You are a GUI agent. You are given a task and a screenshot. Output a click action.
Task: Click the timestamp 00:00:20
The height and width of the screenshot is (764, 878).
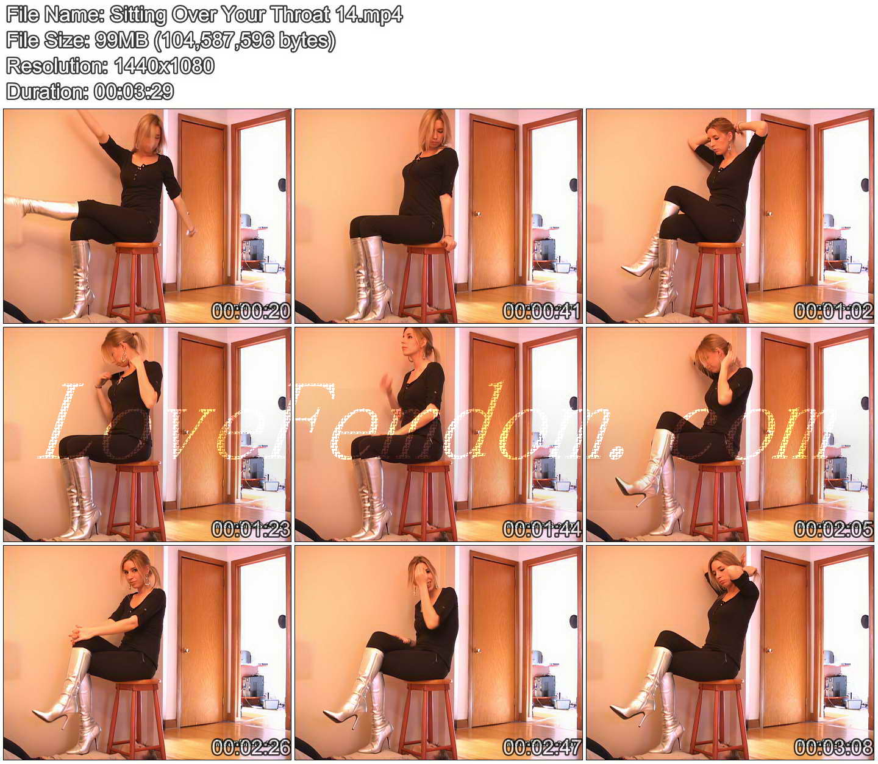(x=251, y=311)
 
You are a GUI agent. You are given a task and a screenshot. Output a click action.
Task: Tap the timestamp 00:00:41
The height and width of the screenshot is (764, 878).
(x=542, y=311)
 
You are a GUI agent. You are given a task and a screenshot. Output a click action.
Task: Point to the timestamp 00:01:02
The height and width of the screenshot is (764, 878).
(x=833, y=311)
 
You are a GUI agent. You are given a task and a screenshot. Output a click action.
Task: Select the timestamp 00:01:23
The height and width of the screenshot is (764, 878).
(x=251, y=529)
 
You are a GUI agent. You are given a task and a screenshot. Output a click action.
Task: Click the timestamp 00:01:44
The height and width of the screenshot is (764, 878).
(x=542, y=529)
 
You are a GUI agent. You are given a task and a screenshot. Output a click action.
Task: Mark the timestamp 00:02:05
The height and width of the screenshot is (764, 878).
(x=833, y=529)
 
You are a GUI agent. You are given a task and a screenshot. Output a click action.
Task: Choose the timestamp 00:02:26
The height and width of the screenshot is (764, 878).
(x=251, y=748)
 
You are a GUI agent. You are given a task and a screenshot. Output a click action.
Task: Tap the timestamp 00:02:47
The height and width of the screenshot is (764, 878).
(x=542, y=748)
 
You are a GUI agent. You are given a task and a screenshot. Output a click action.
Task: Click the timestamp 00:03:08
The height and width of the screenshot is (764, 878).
(x=833, y=748)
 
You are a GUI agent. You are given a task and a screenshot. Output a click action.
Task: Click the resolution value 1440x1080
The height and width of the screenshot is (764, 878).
(x=164, y=66)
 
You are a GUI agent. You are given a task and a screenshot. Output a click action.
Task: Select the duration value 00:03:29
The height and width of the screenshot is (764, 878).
(x=134, y=92)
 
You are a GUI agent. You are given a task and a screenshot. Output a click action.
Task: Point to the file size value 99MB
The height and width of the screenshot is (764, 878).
(x=121, y=41)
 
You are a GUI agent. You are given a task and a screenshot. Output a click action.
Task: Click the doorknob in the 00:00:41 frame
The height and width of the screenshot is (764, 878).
(x=476, y=213)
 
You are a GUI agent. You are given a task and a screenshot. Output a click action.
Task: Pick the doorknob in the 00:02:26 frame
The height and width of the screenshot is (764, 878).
(x=185, y=651)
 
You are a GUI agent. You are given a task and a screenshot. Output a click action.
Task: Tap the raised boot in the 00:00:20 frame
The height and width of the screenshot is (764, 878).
(x=41, y=208)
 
